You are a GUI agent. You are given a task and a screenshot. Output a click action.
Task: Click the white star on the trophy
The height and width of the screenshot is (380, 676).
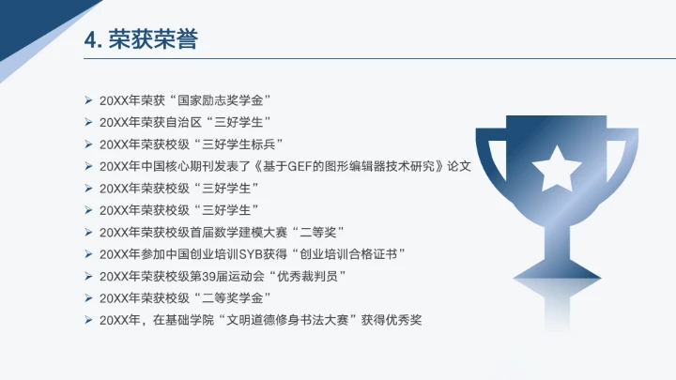point(553,167)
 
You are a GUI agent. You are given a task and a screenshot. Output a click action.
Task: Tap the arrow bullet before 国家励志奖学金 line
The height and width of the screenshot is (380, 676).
point(87,99)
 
